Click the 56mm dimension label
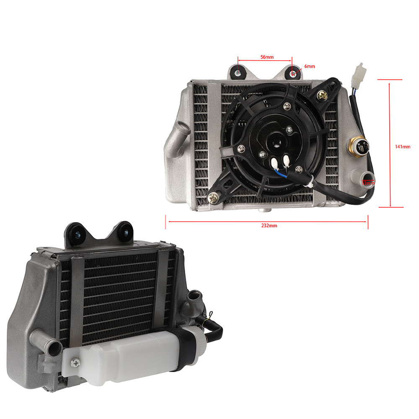click(x=267, y=57)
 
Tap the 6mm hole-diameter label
click(x=309, y=66)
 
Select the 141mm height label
click(x=402, y=147)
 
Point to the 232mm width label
click(x=269, y=225)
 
